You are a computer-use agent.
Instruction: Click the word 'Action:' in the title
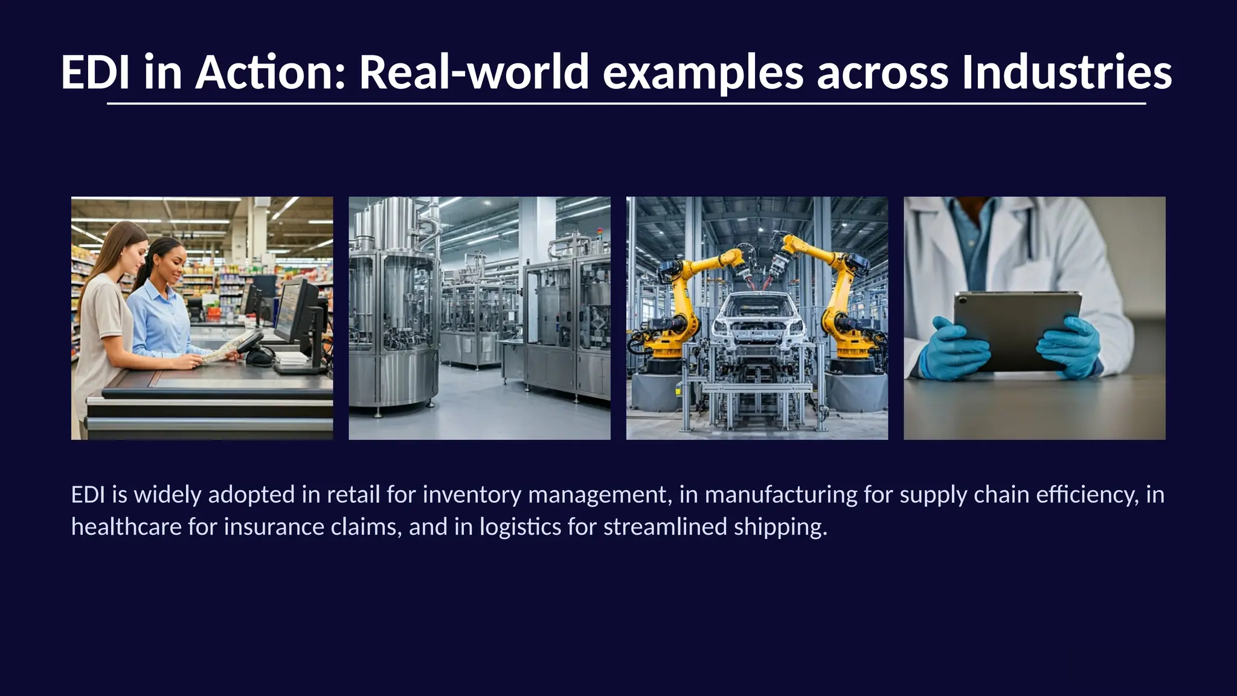click(x=270, y=72)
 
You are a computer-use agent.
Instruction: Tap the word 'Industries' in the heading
click(x=1067, y=72)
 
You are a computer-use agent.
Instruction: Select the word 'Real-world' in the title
click(x=474, y=72)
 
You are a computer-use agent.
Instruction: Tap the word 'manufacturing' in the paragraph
click(x=781, y=495)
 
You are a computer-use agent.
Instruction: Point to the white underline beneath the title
click(x=626, y=104)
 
